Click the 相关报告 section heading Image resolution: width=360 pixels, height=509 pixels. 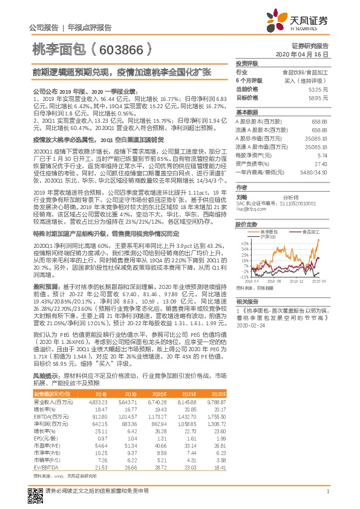pyautogui.click(x=247, y=300)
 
